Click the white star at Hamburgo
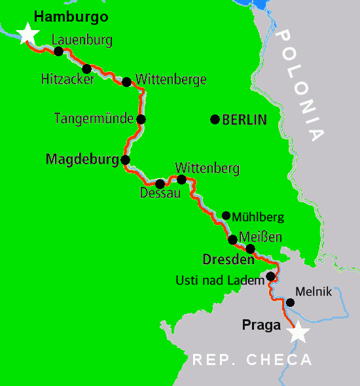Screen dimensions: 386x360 (27, 33)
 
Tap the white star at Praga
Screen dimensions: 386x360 (298, 332)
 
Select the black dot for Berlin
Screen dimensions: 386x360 (214, 119)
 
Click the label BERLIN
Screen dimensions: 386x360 (245, 120)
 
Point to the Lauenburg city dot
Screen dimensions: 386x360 (58, 51)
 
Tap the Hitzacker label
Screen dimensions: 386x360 (67, 79)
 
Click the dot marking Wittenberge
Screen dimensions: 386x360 (126, 82)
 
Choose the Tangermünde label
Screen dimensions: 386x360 (94, 119)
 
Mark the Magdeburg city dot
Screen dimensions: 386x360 (125, 159)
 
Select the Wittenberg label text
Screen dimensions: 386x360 (207, 168)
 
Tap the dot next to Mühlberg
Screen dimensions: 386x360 (226, 215)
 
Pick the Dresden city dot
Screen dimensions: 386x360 (250, 249)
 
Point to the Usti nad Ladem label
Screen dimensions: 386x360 (220, 280)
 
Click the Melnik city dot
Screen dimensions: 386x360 (290, 302)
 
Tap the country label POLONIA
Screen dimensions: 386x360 (300, 85)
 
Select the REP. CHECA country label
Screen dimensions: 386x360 (252, 360)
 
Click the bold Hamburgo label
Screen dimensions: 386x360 (71, 16)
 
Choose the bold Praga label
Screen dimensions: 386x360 (261, 324)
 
